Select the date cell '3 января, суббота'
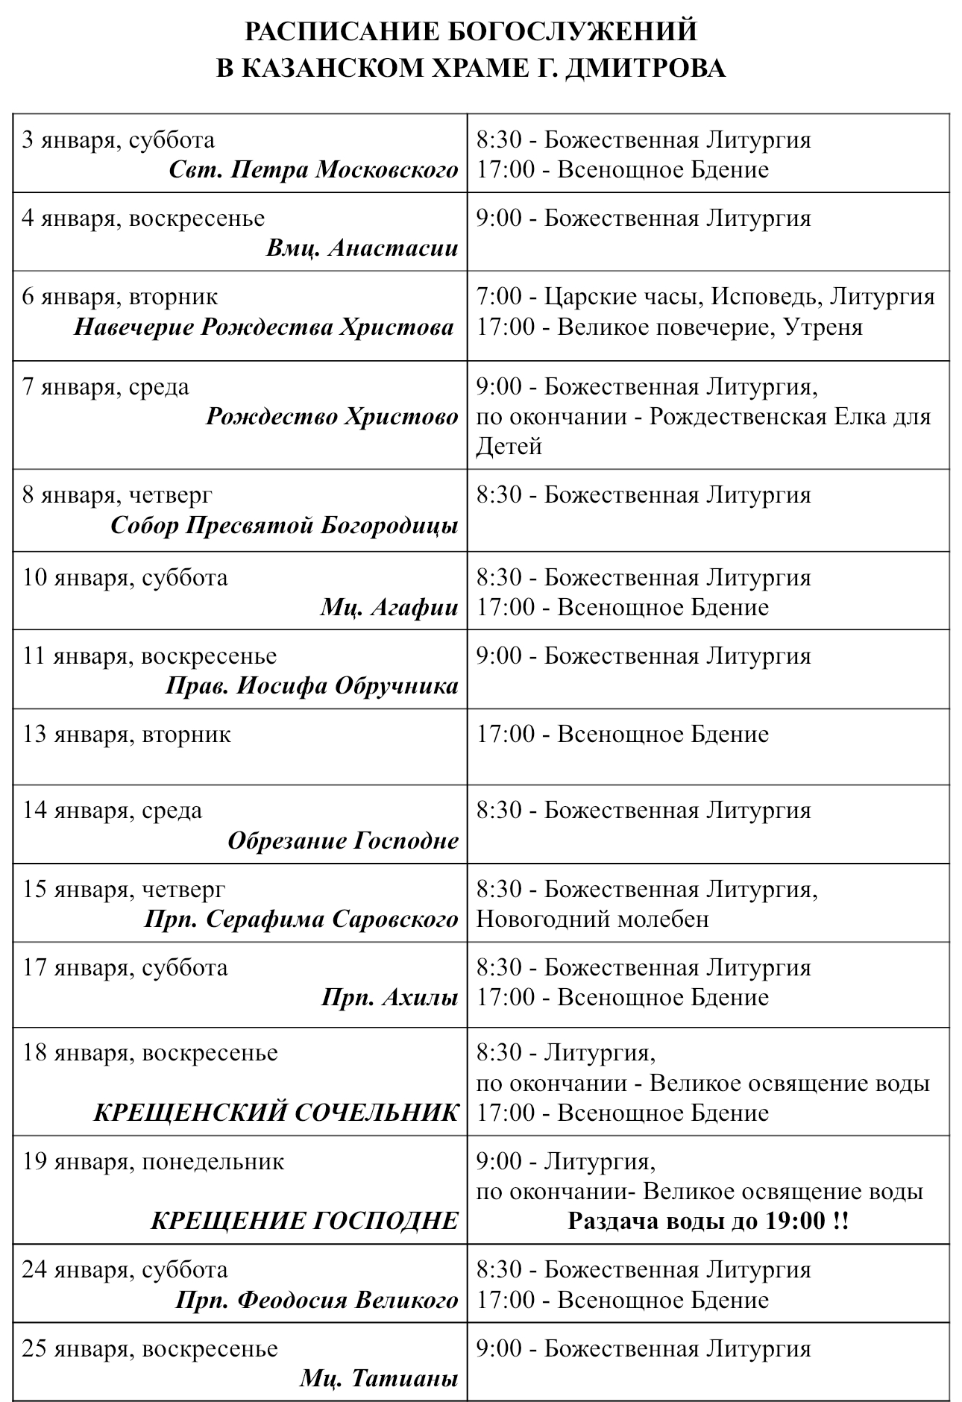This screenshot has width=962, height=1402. (119, 139)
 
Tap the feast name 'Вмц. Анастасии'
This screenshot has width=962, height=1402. (362, 248)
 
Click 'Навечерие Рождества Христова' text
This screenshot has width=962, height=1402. (264, 327)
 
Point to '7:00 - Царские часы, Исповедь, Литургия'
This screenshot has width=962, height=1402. (705, 296)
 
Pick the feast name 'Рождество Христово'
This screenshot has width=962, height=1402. (332, 416)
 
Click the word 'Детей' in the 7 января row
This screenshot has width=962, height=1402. (509, 446)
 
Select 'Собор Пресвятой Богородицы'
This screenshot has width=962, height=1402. (284, 525)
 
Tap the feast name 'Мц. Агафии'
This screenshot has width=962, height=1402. (389, 607)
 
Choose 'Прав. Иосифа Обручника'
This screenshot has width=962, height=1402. (312, 685)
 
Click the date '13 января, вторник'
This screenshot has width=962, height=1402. (127, 734)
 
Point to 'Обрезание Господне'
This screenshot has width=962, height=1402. (343, 840)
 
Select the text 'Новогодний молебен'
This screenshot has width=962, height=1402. (593, 919)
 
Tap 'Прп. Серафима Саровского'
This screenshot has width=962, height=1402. (301, 919)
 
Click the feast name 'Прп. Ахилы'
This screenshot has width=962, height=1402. (389, 997)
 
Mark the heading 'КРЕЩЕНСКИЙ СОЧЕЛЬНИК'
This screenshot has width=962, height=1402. (276, 1113)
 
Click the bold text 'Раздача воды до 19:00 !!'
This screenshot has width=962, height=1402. (708, 1221)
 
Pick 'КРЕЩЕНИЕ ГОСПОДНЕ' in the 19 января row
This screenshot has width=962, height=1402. (304, 1221)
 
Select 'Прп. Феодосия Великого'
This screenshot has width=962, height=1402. (317, 1300)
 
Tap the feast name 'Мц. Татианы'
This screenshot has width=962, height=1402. (379, 1378)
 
